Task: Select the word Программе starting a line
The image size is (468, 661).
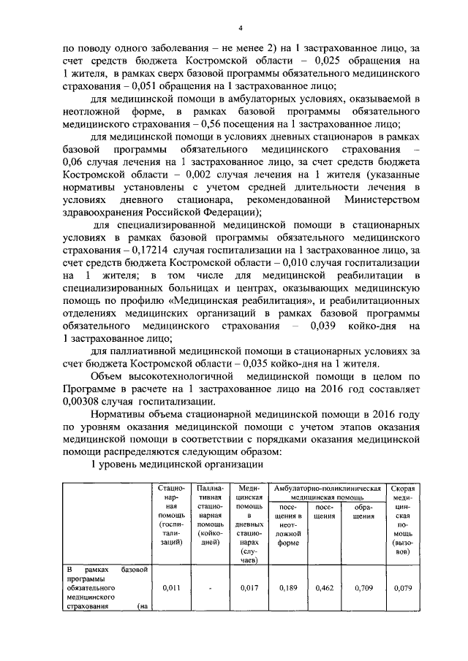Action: pyautogui.click(x=89, y=388)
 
